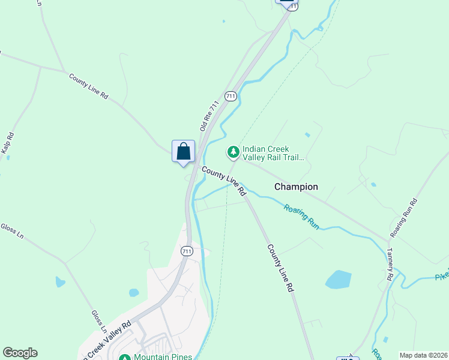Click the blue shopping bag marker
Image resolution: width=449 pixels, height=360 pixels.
tap(184, 151)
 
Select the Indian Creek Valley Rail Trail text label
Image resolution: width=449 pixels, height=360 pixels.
tap(274, 154)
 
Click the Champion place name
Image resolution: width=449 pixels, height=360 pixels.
tap(296, 187)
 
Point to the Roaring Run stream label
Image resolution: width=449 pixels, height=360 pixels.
tap(301, 217)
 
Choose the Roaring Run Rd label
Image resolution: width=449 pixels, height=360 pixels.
tap(403, 217)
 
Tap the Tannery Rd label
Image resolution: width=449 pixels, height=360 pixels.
tap(390, 265)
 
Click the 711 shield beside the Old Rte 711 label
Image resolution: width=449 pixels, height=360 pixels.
tap(231, 96)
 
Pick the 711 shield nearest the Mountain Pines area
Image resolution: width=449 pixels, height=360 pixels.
tap(187, 251)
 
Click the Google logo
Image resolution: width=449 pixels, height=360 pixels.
tap(20, 353)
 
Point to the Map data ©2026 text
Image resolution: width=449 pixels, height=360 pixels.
tap(423, 355)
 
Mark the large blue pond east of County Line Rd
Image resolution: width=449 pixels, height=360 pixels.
tap(339, 280)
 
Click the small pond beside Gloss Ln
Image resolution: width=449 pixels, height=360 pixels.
tap(60, 281)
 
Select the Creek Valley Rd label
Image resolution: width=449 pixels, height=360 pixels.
tap(105, 339)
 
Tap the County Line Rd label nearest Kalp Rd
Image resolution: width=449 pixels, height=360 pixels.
tap(88, 86)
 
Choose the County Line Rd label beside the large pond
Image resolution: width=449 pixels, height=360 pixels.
tap(280, 268)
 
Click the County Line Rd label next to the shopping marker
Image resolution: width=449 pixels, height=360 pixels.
tap(224, 181)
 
